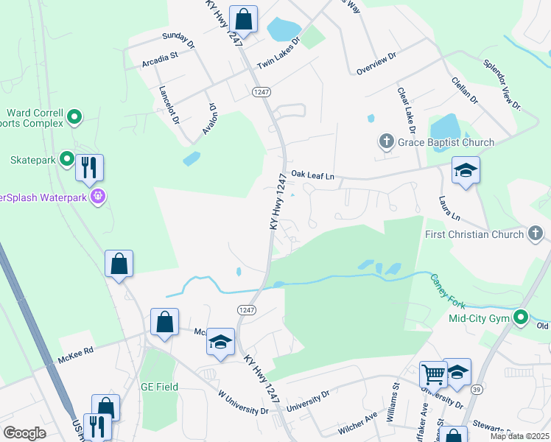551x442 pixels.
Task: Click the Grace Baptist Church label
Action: point(446,141)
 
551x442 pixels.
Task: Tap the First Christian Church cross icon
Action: point(536,234)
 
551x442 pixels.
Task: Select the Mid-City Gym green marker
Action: point(522,318)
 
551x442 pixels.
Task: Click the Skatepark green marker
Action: point(66,158)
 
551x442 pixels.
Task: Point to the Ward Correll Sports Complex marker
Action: point(74,116)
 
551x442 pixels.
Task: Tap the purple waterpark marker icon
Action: point(96,197)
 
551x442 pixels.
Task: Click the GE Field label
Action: point(160,387)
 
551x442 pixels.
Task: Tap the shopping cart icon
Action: point(432,373)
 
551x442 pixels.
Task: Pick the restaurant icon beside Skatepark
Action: point(89,166)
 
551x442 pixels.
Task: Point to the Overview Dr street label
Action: point(376,63)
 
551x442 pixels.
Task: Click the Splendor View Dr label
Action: point(502,85)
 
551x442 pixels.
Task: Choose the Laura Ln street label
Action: point(449,208)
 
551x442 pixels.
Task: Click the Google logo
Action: point(24,433)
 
